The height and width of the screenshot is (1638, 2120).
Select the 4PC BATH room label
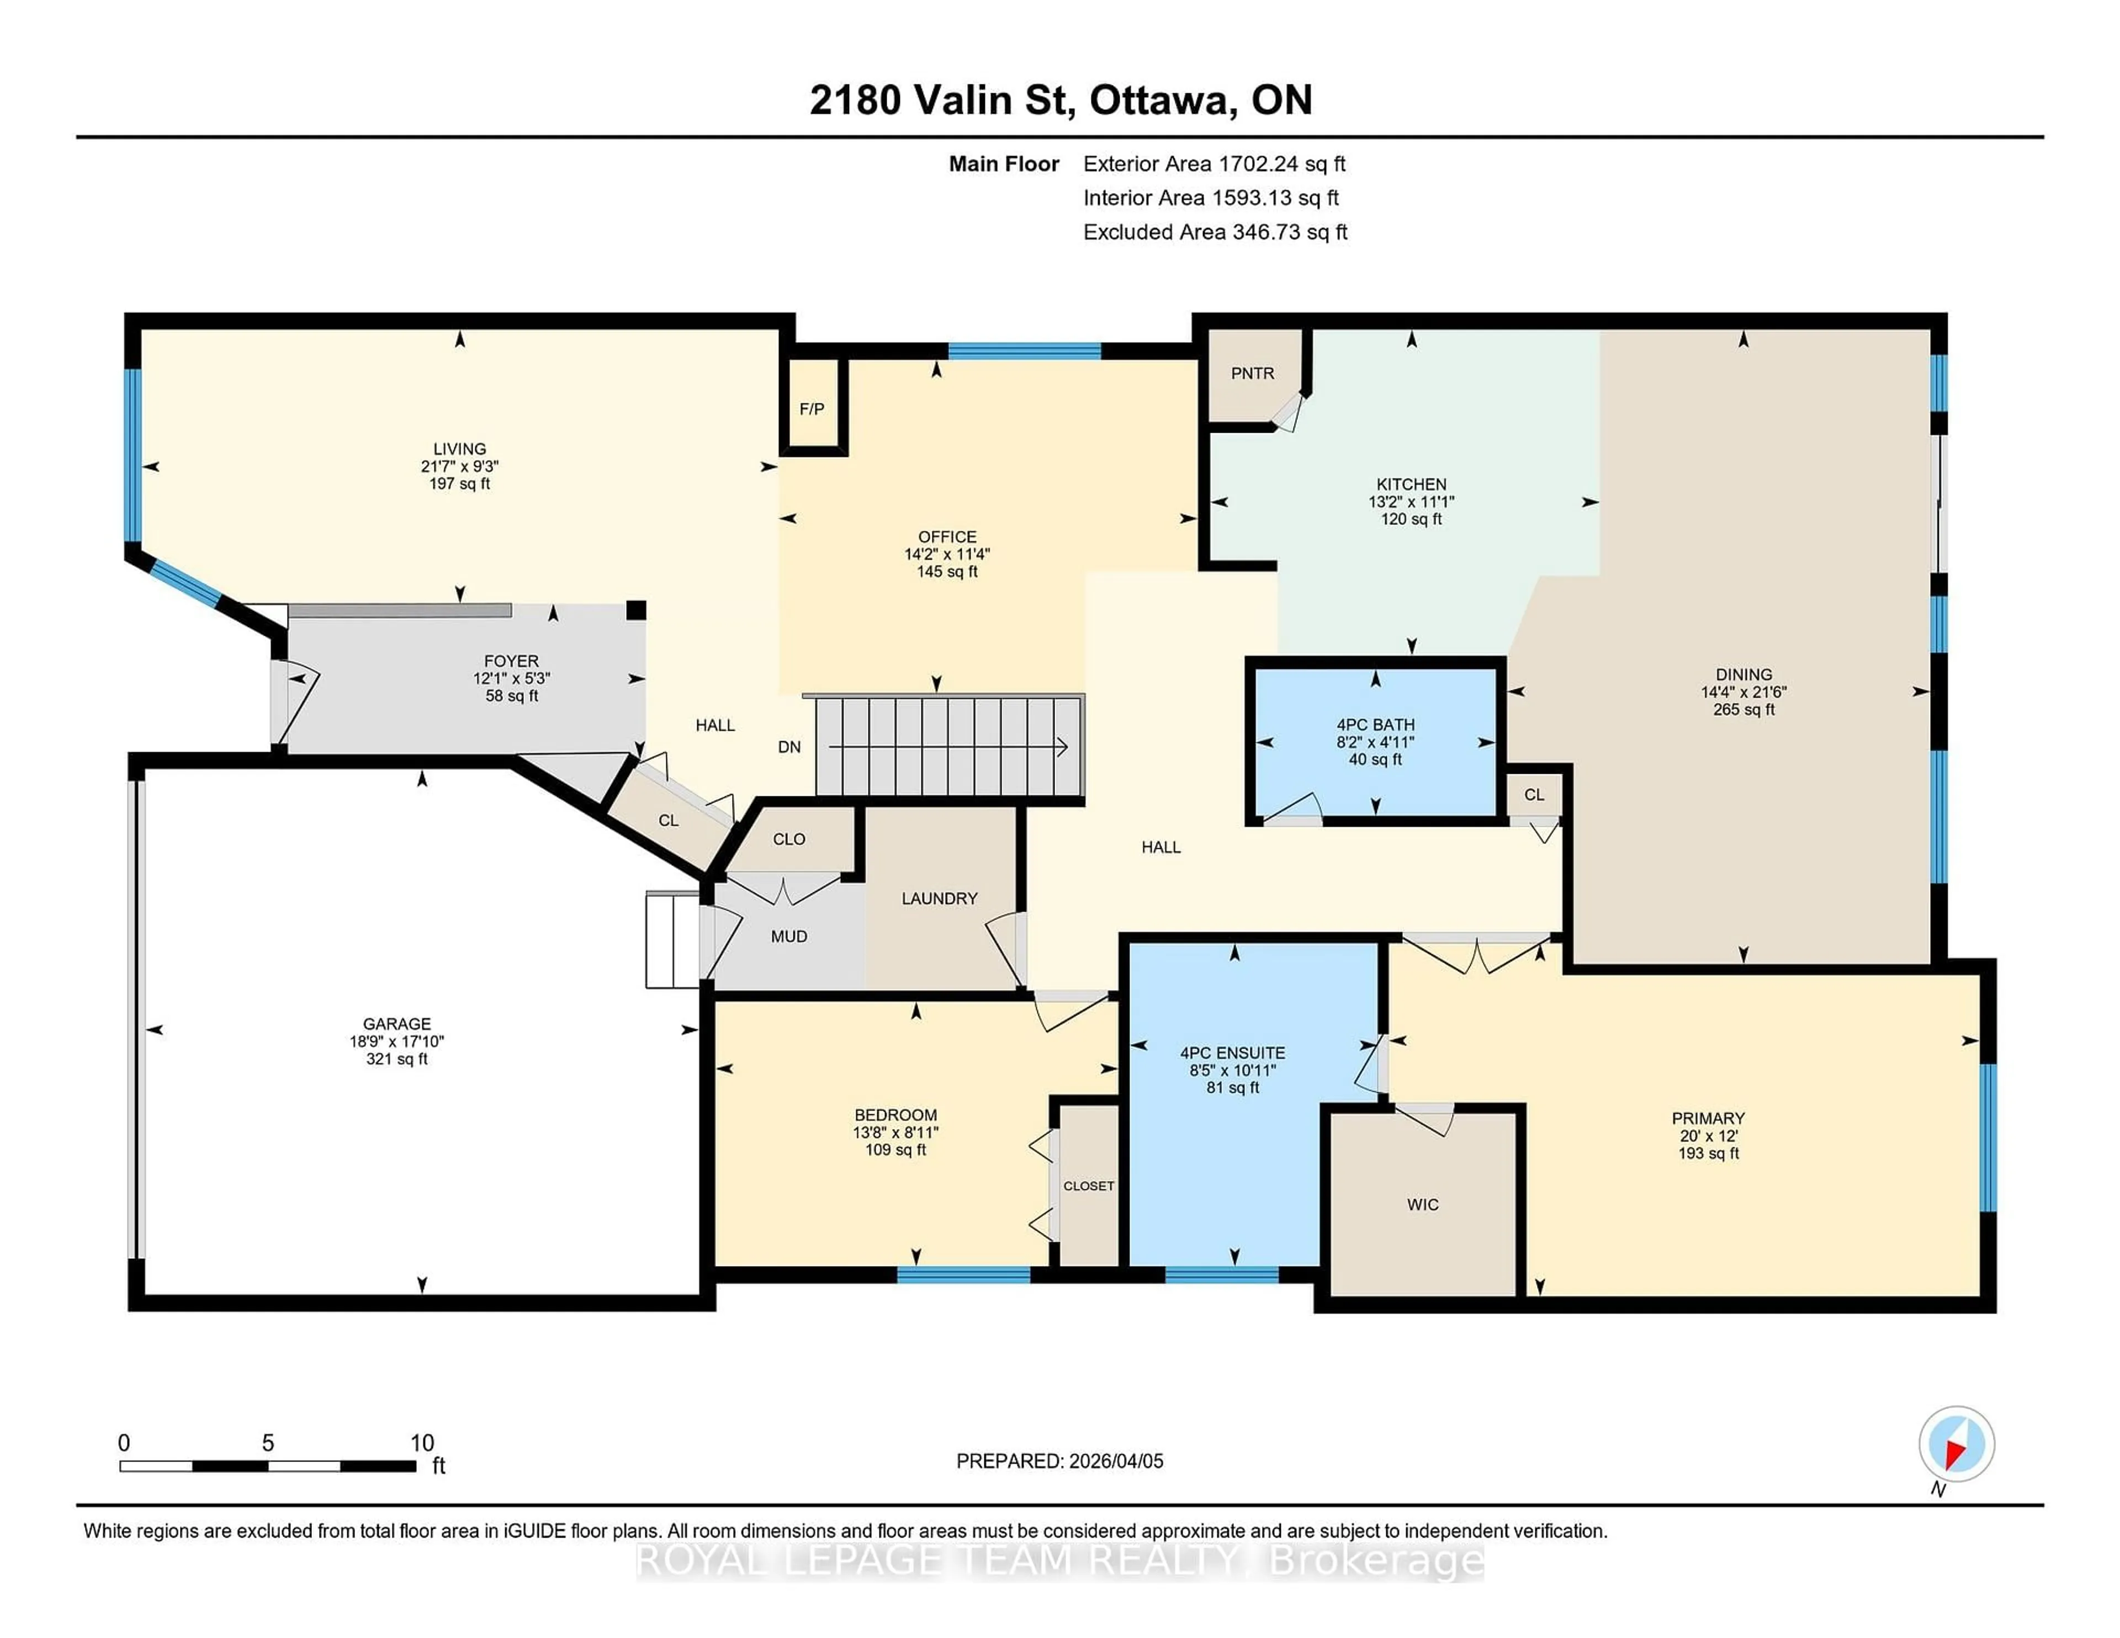pos(1375,725)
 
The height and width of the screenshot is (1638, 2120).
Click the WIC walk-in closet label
pos(1423,1204)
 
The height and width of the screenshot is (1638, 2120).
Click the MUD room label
pos(788,937)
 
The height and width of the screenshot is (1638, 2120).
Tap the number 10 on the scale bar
pos(422,1443)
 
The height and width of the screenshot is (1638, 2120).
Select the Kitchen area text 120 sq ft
pos(1411,519)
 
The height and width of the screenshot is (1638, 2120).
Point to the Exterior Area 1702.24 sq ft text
pos(1215,164)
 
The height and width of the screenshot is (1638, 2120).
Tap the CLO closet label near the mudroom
pos(788,839)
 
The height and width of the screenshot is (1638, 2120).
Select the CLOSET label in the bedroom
pos(1088,1186)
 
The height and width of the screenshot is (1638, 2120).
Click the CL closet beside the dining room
pos(1534,795)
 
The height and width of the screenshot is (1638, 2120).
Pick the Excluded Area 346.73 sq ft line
pos(1215,232)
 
